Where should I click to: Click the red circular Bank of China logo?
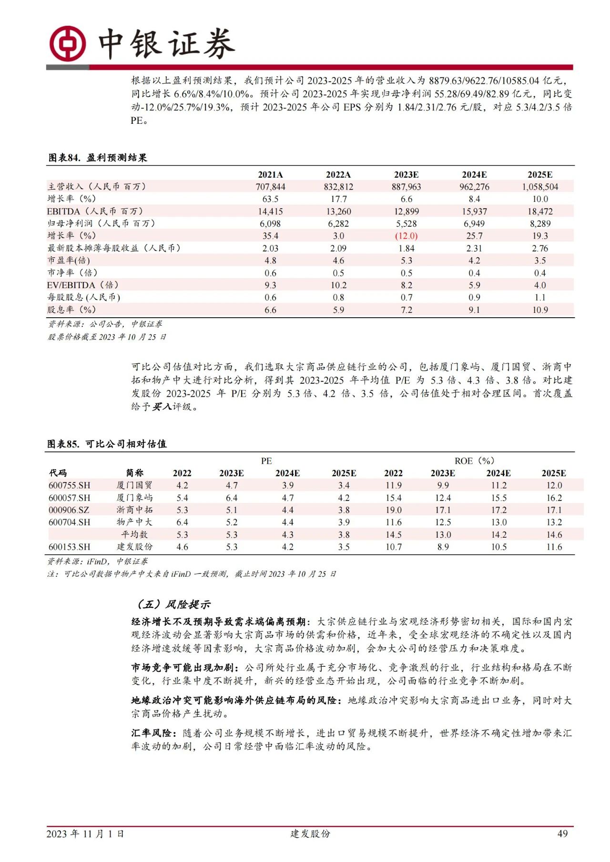pyautogui.click(x=67, y=44)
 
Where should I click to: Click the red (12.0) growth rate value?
pyautogui.click(x=406, y=236)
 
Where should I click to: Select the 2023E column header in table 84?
pyautogui.click(x=406, y=175)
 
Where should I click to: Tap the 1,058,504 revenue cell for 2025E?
pyautogui.click(x=539, y=187)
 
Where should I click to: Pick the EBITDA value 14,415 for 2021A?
pyautogui.click(x=270, y=211)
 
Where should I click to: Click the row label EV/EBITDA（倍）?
pyautogui.click(x=82, y=285)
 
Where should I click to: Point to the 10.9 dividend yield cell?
pyautogui.click(x=539, y=310)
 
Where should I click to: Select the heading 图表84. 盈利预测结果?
pyautogui.click(x=98, y=158)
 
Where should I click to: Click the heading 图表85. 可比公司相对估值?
pyautogui.click(x=107, y=444)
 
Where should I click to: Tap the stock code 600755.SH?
pyautogui.click(x=69, y=485)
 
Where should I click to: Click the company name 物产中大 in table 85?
pyautogui.click(x=134, y=522)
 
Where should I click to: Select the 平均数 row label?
pyautogui.click(x=134, y=534)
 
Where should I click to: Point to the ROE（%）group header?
pyautogui.click(x=474, y=461)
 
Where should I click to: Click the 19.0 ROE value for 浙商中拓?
pyautogui.click(x=393, y=510)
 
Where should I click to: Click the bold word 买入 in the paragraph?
pyautogui.click(x=162, y=407)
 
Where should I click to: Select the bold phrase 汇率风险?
pyautogui.click(x=151, y=733)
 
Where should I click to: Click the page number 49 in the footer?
pyautogui.click(x=562, y=833)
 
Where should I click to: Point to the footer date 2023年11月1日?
pyautogui.click(x=85, y=833)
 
